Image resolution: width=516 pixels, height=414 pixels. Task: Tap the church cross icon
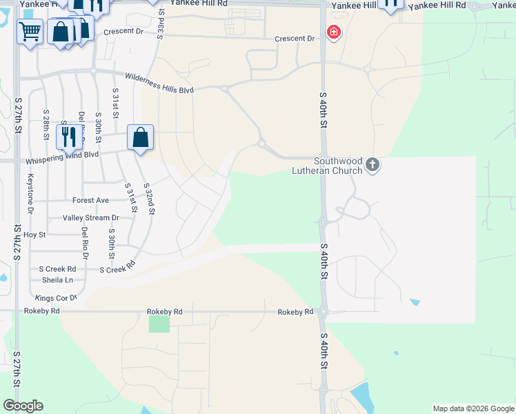[373, 164]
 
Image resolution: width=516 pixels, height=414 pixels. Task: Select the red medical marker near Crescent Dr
[334, 32]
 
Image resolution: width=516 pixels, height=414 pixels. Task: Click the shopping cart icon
[30, 31]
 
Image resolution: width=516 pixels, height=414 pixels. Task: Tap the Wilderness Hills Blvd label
[159, 83]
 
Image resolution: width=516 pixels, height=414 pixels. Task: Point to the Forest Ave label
[90, 200]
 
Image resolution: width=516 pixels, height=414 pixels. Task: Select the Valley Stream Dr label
[91, 217]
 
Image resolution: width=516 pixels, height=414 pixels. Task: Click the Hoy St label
[34, 235]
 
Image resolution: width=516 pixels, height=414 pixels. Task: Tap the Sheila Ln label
[57, 279]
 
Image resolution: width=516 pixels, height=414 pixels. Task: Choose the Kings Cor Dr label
[57, 297]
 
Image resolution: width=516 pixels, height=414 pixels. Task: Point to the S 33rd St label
[161, 21]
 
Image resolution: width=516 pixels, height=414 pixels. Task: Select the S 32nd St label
[148, 198]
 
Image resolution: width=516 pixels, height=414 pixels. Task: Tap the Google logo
[23, 406]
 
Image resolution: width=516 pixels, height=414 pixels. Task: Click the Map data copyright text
[472, 408]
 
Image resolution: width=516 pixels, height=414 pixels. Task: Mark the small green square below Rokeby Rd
[159, 323]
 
